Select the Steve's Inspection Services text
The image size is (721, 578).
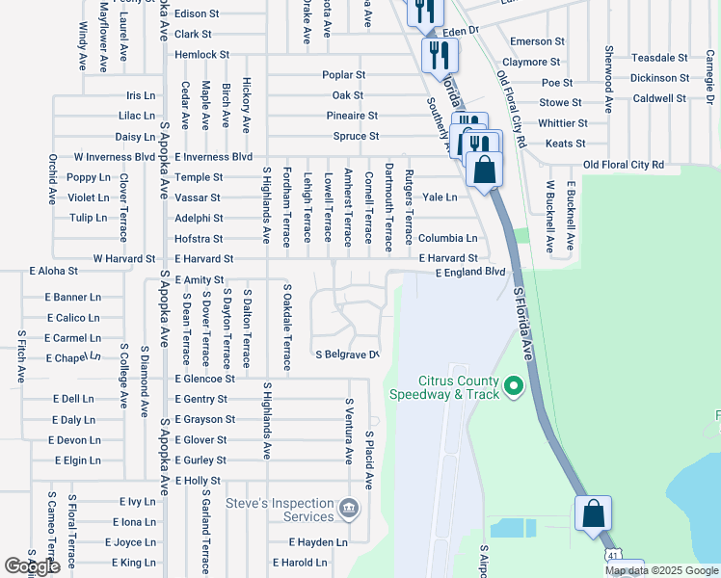click(x=280, y=510)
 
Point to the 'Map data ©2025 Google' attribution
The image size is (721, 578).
click(x=661, y=570)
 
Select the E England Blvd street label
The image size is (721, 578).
click(x=470, y=273)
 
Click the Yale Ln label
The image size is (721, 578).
click(x=440, y=197)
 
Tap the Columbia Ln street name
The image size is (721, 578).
click(x=447, y=238)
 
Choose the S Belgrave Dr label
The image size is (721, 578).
click(x=347, y=355)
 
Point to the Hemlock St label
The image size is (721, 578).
click(x=201, y=55)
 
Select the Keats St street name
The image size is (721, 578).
click(x=560, y=144)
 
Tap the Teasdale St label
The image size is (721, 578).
click(x=659, y=58)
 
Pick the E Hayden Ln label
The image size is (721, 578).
click(x=301, y=543)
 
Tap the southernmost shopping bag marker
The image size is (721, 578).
click(x=593, y=514)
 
